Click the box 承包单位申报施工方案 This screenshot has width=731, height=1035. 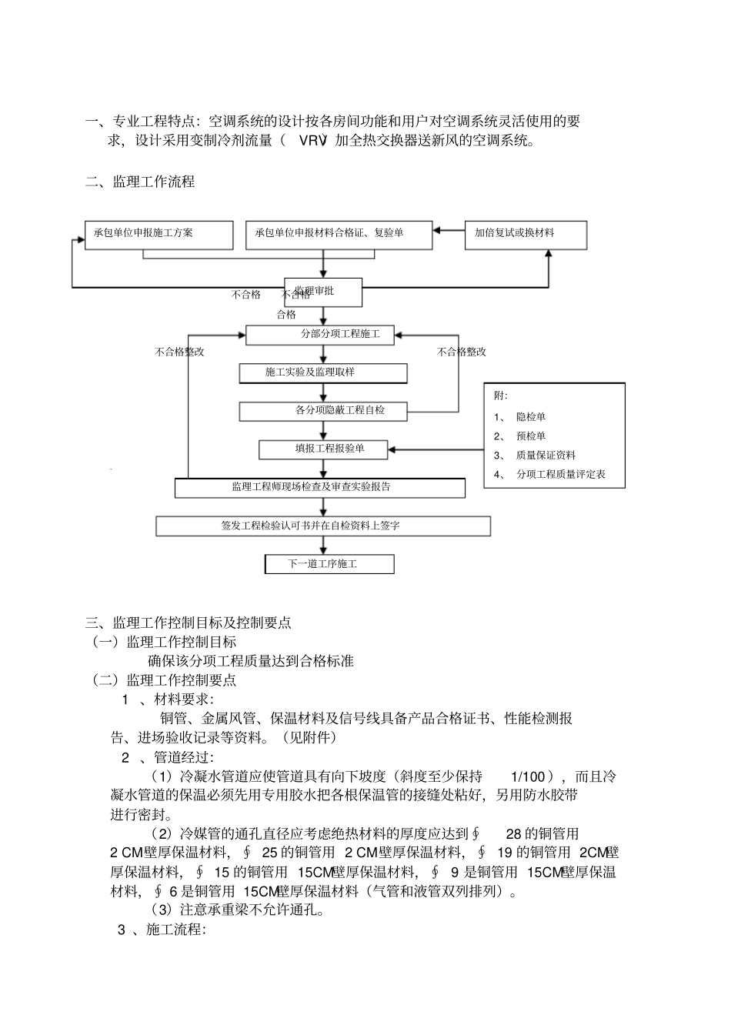(159, 235)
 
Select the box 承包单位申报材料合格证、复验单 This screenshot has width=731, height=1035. (339, 235)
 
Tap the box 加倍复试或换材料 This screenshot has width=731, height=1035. (526, 235)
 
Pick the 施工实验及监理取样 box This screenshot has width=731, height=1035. (322, 373)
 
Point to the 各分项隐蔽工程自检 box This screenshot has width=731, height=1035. (322, 411)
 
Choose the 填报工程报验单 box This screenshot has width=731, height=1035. (322, 449)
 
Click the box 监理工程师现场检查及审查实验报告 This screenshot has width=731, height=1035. (320, 488)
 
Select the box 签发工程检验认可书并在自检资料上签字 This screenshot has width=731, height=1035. (323, 526)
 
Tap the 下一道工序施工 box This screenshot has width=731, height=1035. (329, 564)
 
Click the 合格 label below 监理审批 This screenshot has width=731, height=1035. (286, 315)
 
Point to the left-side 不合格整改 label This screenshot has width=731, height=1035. (179, 352)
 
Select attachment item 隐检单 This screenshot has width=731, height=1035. (531, 417)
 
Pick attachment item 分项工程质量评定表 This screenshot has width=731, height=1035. (560, 475)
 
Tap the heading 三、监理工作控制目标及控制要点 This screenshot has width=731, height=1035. (189, 623)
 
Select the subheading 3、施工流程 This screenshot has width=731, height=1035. (161, 930)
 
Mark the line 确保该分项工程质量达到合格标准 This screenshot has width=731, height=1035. (251, 661)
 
